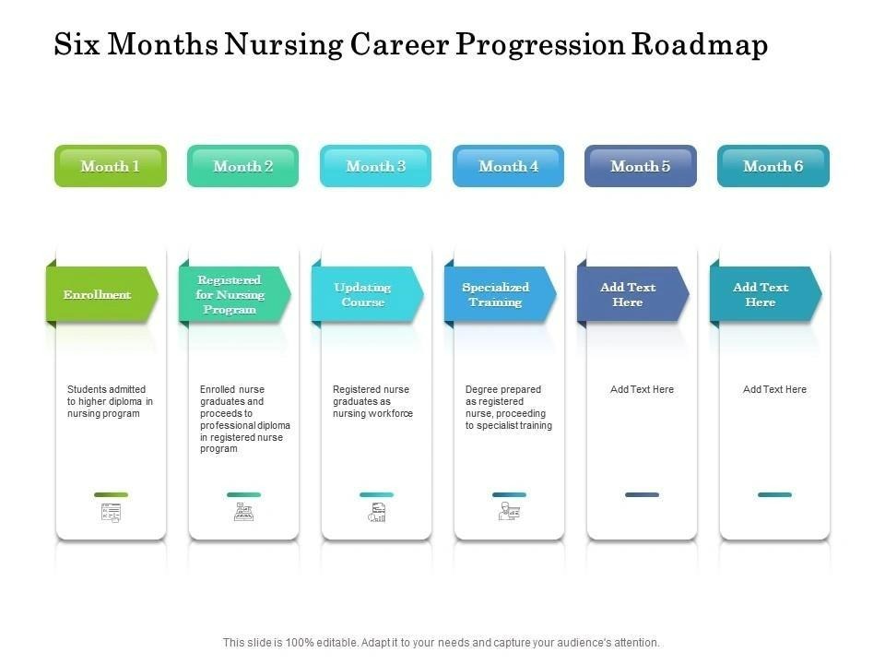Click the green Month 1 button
pyautogui.click(x=111, y=166)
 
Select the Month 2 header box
pyautogui.click(x=242, y=166)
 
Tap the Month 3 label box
pyautogui.click(x=376, y=166)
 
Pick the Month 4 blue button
pyautogui.click(x=509, y=166)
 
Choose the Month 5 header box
pyautogui.click(x=641, y=166)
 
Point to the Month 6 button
pyautogui.click(x=773, y=166)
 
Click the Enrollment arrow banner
pyautogui.click(x=102, y=294)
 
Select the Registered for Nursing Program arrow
pyautogui.click(x=235, y=294)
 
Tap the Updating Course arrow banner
pyautogui.click(x=368, y=294)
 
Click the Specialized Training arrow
pyautogui.click(x=500, y=294)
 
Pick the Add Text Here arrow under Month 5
pyautogui.click(x=632, y=294)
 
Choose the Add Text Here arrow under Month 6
pyautogui.click(x=766, y=294)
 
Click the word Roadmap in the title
pyautogui.click(x=700, y=44)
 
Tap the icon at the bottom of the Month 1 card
pyautogui.click(x=112, y=513)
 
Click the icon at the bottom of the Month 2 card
pyautogui.click(x=243, y=512)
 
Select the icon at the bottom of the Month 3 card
pyautogui.click(x=376, y=512)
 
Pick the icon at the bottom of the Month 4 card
pyautogui.click(x=509, y=512)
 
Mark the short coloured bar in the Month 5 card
pyautogui.click(x=643, y=494)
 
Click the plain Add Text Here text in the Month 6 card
pyautogui.click(x=774, y=389)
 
